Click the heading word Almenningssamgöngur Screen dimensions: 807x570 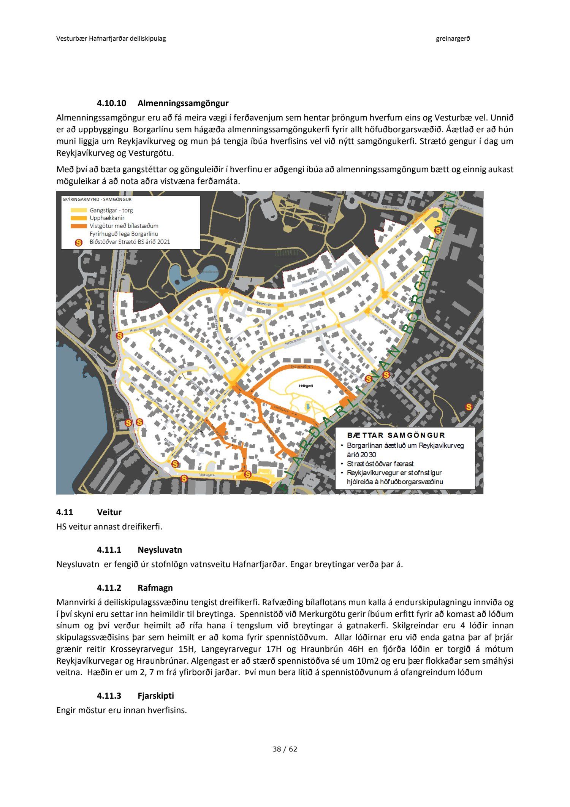[183, 103]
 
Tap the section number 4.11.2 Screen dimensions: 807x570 [109, 588]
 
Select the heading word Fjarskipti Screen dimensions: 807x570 [155, 696]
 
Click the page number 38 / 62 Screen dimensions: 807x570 [285, 749]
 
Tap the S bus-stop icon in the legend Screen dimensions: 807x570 [79, 242]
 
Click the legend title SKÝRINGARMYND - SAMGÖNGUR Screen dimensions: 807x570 [97, 199]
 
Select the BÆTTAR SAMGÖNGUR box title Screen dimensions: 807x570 [396, 435]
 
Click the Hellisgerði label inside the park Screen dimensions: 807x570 [306, 386]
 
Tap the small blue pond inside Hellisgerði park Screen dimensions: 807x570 [307, 407]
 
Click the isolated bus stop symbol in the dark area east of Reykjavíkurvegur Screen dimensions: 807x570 [469, 407]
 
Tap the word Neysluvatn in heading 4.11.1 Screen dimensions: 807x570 [160, 550]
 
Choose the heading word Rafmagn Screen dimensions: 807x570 [155, 588]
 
